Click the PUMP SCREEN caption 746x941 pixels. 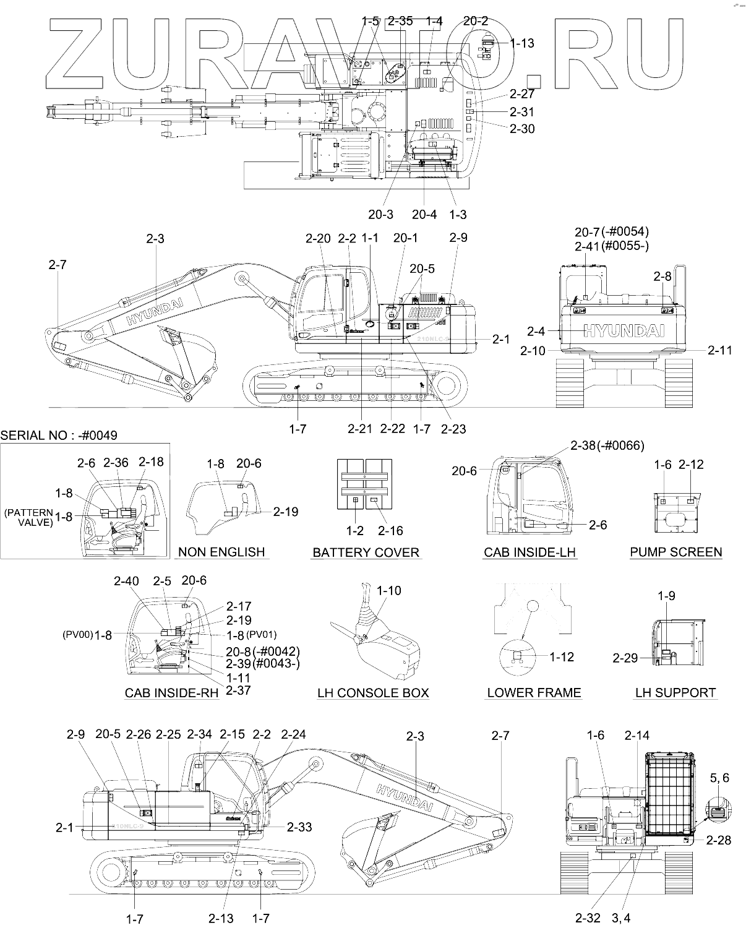tap(675, 552)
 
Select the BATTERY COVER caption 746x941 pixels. tap(366, 552)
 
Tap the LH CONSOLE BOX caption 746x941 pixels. tap(373, 693)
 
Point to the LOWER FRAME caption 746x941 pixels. tap(534, 693)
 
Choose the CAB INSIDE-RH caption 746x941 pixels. tap(171, 693)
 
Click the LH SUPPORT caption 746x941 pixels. tap(675, 693)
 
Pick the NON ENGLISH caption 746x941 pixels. tap(221, 552)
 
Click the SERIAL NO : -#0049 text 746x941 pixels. tap(59, 436)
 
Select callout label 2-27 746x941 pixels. tap(522, 94)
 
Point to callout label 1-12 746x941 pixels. tap(562, 657)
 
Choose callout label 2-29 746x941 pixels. tap(625, 658)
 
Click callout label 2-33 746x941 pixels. tap(299, 827)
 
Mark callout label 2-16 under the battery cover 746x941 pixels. tap(390, 531)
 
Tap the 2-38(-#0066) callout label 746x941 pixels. tap(606, 445)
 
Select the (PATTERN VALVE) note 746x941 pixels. tap(29, 517)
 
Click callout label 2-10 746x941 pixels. tap(533, 351)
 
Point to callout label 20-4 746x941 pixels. tap(424, 215)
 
